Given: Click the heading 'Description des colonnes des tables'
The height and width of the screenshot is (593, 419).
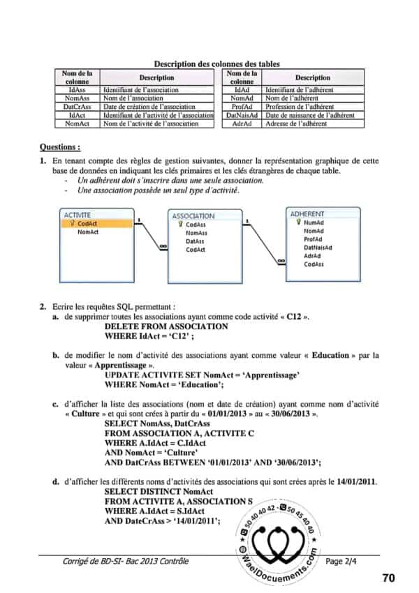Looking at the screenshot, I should [x=216, y=63].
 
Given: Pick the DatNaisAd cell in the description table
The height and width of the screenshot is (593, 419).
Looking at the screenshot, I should [x=242, y=115].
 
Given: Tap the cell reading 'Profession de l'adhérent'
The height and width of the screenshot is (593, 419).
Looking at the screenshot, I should [x=299, y=107].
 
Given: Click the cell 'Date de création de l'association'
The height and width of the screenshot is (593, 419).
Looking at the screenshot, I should [x=149, y=107].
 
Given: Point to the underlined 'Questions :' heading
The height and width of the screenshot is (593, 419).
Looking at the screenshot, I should [x=60, y=147].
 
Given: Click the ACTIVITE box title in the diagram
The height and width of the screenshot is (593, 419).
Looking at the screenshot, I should [x=78, y=215].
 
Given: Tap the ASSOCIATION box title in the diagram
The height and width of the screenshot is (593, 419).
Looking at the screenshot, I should [x=193, y=216].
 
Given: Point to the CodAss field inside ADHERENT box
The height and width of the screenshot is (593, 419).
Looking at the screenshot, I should [x=314, y=264].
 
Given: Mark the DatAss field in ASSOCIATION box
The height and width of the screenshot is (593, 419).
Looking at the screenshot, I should [x=195, y=241].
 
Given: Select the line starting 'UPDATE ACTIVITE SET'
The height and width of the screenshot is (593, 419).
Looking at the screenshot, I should [x=202, y=375].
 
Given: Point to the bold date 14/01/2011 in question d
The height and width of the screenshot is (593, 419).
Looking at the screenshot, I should [x=356, y=481].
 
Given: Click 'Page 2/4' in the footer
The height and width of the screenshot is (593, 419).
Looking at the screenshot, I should [x=341, y=561].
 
